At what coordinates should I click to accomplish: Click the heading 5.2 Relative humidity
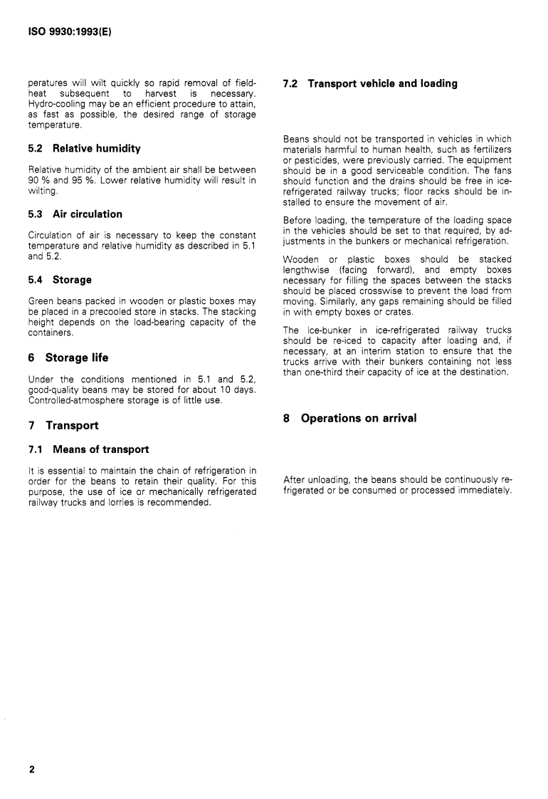tap(83, 149)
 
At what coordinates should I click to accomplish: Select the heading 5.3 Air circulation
tap(74, 214)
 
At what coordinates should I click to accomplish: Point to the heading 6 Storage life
tap(67, 357)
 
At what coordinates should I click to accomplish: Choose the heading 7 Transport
tap(62, 425)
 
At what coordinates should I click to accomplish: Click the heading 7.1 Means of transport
tap(88, 449)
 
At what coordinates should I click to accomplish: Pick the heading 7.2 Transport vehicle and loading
tap(370, 83)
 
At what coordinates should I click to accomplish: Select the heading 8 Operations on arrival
tap(349, 418)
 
